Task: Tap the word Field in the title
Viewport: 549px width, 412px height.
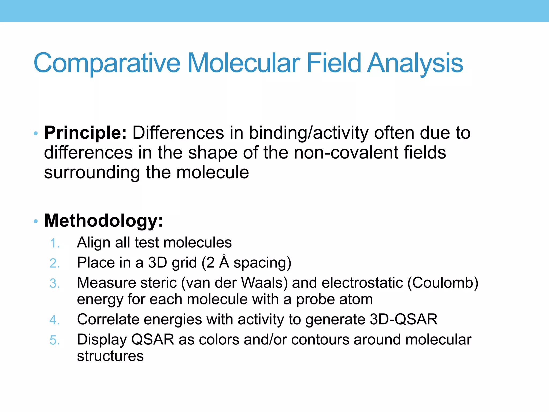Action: click(x=333, y=63)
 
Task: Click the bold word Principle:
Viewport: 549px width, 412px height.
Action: click(x=85, y=133)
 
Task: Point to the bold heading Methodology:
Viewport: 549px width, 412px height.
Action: click(x=103, y=220)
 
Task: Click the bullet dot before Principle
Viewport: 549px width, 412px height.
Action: click(x=36, y=133)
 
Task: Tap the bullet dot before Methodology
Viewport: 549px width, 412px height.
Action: click(x=36, y=221)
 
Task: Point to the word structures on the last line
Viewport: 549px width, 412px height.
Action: click(x=110, y=356)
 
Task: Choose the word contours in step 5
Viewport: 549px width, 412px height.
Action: click(x=320, y=340)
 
